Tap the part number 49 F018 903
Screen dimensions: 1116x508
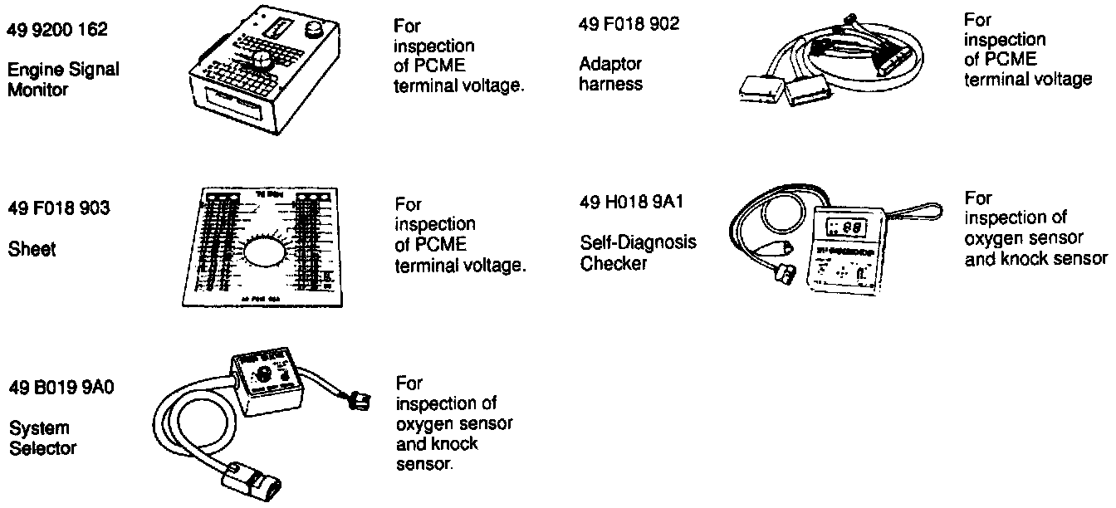point(58,208)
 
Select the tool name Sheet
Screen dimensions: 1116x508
point(32,248)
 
